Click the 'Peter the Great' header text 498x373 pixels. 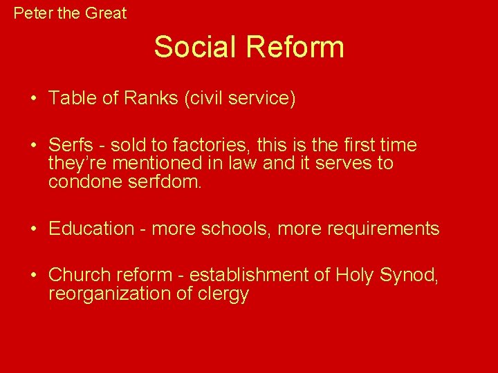coord(70,12)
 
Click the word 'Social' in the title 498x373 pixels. coord(196,47)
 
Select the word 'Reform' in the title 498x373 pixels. coord(295,47)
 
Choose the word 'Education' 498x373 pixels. coord(91,229)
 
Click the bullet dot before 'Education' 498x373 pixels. coord(33,229)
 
